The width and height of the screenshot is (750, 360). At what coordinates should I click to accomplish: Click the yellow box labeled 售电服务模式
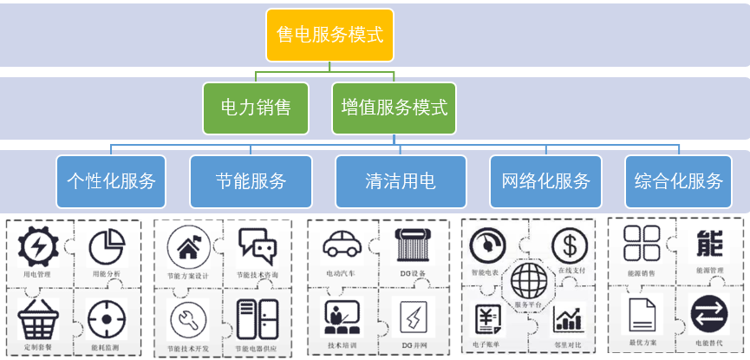click(329, 36)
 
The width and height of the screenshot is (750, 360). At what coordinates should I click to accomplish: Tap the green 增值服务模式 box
click(395, 108)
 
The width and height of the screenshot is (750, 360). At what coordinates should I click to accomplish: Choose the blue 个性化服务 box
click(111, 181)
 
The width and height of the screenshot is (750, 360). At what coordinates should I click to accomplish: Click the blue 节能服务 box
click(251, 181)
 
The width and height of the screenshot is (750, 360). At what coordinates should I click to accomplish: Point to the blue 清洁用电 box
click(400, 181)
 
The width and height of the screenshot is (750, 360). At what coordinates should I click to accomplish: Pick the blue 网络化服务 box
click(545, 181)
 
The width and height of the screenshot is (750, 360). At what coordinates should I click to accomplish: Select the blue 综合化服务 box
click(678, 181)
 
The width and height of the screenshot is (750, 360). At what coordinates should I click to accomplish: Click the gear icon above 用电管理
click(39, 246)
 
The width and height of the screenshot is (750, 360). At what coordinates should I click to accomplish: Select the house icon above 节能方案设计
click(188, 249)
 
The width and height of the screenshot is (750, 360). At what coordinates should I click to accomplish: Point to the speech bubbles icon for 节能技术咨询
click(258, 247)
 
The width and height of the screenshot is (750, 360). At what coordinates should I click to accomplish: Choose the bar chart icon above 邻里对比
click(570, 318)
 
